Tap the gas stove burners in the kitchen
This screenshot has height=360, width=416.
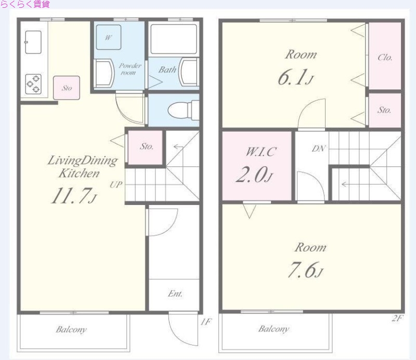coord(33,84)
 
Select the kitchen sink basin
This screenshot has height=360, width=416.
coord(33,42)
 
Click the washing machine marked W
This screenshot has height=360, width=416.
coord(108,37)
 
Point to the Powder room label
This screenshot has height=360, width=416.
coord(129,69)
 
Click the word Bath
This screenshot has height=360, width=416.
coord(167,70)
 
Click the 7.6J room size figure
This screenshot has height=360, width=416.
coord(305,270)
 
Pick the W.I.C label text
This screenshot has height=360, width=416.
coord(261,151)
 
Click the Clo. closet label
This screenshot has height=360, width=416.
coord(385,57)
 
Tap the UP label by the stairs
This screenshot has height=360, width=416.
coord(116,185)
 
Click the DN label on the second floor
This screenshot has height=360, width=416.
coord(319,148)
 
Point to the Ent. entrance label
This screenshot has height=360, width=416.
coord(175,293)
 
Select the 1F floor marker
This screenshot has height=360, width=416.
coord(206,322)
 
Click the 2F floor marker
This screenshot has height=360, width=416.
coord(398,318)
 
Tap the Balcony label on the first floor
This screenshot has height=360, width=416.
coord(71,330)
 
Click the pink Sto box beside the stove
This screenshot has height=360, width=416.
coord(67,88)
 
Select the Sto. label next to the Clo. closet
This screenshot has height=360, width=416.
coord(384,110)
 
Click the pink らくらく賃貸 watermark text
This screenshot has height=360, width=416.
coord(25,4)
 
